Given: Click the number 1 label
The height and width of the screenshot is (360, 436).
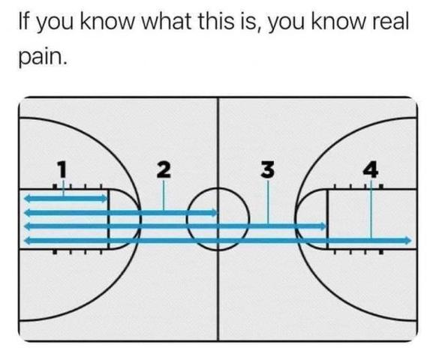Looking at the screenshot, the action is [x=62, y=169].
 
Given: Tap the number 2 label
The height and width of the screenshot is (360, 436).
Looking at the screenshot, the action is [x=164, y=169].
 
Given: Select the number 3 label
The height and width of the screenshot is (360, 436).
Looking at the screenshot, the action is [x=267, y=169].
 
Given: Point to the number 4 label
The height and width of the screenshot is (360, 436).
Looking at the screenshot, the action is [x=371, y=169].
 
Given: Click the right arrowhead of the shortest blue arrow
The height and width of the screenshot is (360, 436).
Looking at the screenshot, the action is [x=104, y=199].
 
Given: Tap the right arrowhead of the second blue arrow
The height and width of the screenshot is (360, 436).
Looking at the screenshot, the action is [x=214, y=213].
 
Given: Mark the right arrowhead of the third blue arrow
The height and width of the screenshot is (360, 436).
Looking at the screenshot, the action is [x=323, y=226].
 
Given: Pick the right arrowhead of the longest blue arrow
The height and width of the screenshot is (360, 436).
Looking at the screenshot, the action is [x=408, y=240].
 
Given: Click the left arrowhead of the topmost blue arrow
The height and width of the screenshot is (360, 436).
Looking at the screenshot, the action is [x=27, y=199].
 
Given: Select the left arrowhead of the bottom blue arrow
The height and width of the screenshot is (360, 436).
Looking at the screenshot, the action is [x=27, y=240].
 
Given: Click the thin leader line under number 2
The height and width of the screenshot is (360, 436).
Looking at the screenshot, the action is [x=164, y=195].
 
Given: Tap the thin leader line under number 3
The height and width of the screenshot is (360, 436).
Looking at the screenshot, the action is [x=268, y=202].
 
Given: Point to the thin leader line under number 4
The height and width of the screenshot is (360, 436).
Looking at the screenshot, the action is [x=371, y=208].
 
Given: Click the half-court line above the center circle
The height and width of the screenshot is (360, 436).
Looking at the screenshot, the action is [x=218, y=142].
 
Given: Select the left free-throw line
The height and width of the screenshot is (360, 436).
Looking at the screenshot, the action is [x=109, y=219].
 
